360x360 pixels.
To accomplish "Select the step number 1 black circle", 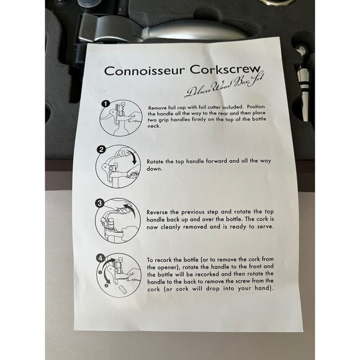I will point(105,104).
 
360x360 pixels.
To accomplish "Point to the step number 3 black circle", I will point(99,202).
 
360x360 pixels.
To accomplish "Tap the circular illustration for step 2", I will point(118,165).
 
